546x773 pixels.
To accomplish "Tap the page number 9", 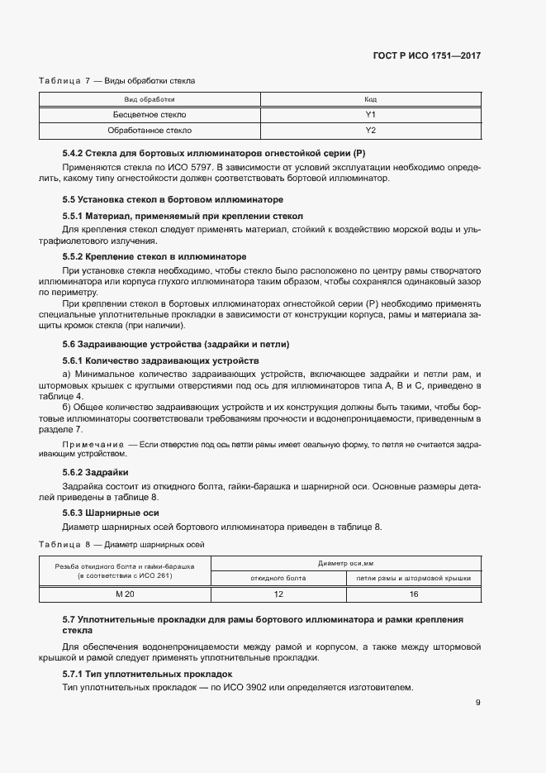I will [x=478, y=703].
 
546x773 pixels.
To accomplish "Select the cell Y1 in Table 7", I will [x=370, y=115].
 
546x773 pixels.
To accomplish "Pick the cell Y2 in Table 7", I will [x=370, y=131].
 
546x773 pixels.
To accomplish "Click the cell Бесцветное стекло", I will [x=150, y=115].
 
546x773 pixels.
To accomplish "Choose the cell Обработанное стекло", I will [x=150, y=131].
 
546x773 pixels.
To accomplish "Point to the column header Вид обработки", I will [x=150, y=99].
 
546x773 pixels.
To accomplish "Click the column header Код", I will [x=370, y=99].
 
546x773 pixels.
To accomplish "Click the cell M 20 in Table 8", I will [x=124, y=594].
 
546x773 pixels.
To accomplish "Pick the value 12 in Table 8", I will [x=278, y=594].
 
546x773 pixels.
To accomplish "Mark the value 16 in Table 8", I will [x=413, y=594].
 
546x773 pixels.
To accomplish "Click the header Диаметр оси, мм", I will [x=345, y=563].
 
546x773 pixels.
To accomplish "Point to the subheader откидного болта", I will [x=278, y=578].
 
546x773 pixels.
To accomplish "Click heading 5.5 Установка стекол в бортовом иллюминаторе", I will [x=173, y=200].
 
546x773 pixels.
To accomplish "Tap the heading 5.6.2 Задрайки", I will [x=90, y=471].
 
